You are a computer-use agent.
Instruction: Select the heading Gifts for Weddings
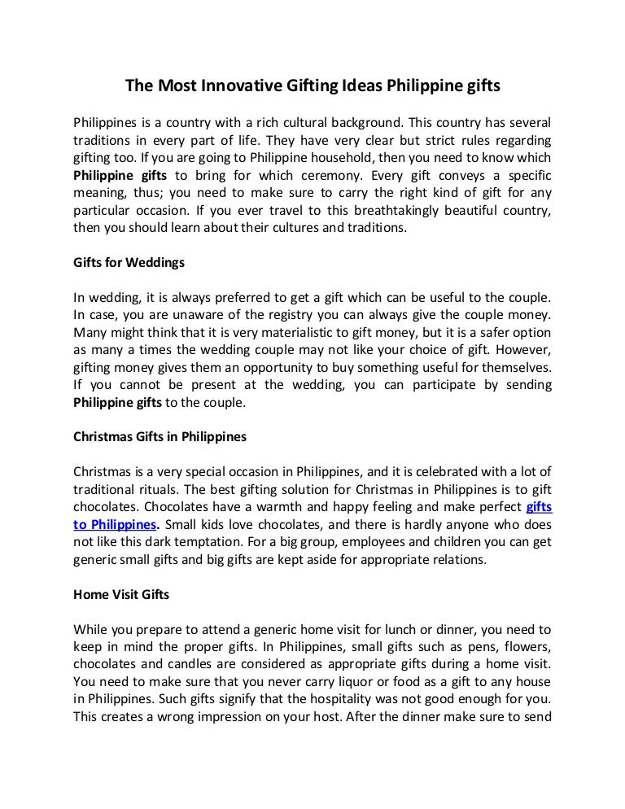point(129,263)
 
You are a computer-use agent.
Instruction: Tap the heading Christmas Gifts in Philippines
point(160,436)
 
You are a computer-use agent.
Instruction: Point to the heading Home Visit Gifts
point(121,594)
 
